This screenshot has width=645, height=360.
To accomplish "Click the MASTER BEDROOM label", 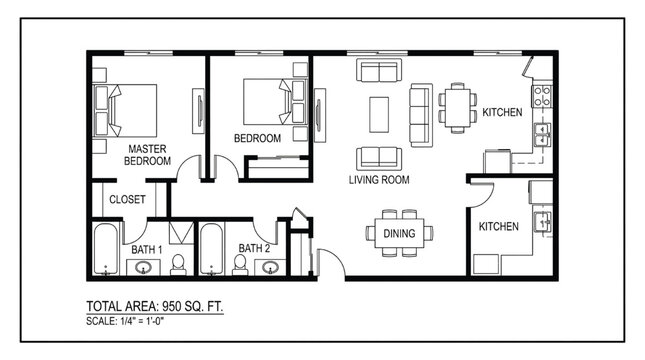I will click(147, 155).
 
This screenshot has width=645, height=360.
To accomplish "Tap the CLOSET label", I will click(127, 198).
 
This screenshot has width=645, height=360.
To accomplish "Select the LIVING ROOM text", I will click(379, 180).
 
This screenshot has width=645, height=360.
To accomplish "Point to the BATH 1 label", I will click(146, 248).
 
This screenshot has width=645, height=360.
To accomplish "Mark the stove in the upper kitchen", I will click(542, 97).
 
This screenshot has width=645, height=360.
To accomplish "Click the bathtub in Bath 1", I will click(105, 249).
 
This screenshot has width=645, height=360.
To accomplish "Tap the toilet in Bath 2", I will click(240, 263).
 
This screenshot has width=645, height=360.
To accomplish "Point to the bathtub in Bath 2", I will click(211, 249).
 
